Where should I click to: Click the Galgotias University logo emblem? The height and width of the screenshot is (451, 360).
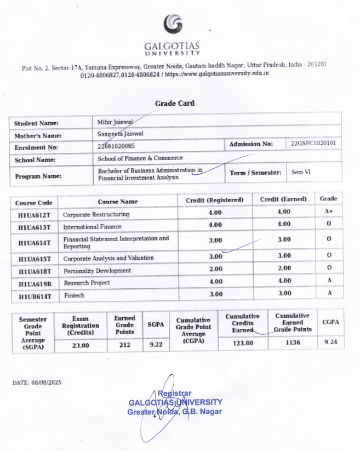(x=173, y=25)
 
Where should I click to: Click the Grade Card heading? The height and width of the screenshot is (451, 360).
(x=174, y=103)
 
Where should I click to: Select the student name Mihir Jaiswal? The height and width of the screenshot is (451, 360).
(x=112, y=122)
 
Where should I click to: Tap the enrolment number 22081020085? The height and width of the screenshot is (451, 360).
(x=116, y=146)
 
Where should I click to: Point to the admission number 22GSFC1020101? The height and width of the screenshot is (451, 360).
(x=314, y=144)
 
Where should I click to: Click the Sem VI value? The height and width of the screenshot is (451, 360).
(x=301, y=172)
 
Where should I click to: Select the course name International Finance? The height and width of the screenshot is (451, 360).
(x=92, y=227)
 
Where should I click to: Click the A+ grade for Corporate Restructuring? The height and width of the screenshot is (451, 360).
(x=328, y=212)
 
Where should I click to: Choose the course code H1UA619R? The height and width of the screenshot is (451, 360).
(x=34, y=284)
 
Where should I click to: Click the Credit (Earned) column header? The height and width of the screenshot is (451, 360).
(x=283, y=199)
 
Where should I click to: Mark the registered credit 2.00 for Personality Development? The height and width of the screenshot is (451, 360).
(x=215, y=269)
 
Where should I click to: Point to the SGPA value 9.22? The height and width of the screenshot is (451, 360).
(x=156, y=344)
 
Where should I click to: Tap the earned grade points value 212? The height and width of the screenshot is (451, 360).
(x=124, y=345)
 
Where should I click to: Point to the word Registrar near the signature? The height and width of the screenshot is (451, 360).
(x=174, y=393)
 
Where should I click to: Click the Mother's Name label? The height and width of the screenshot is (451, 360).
(x=37, y=135)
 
